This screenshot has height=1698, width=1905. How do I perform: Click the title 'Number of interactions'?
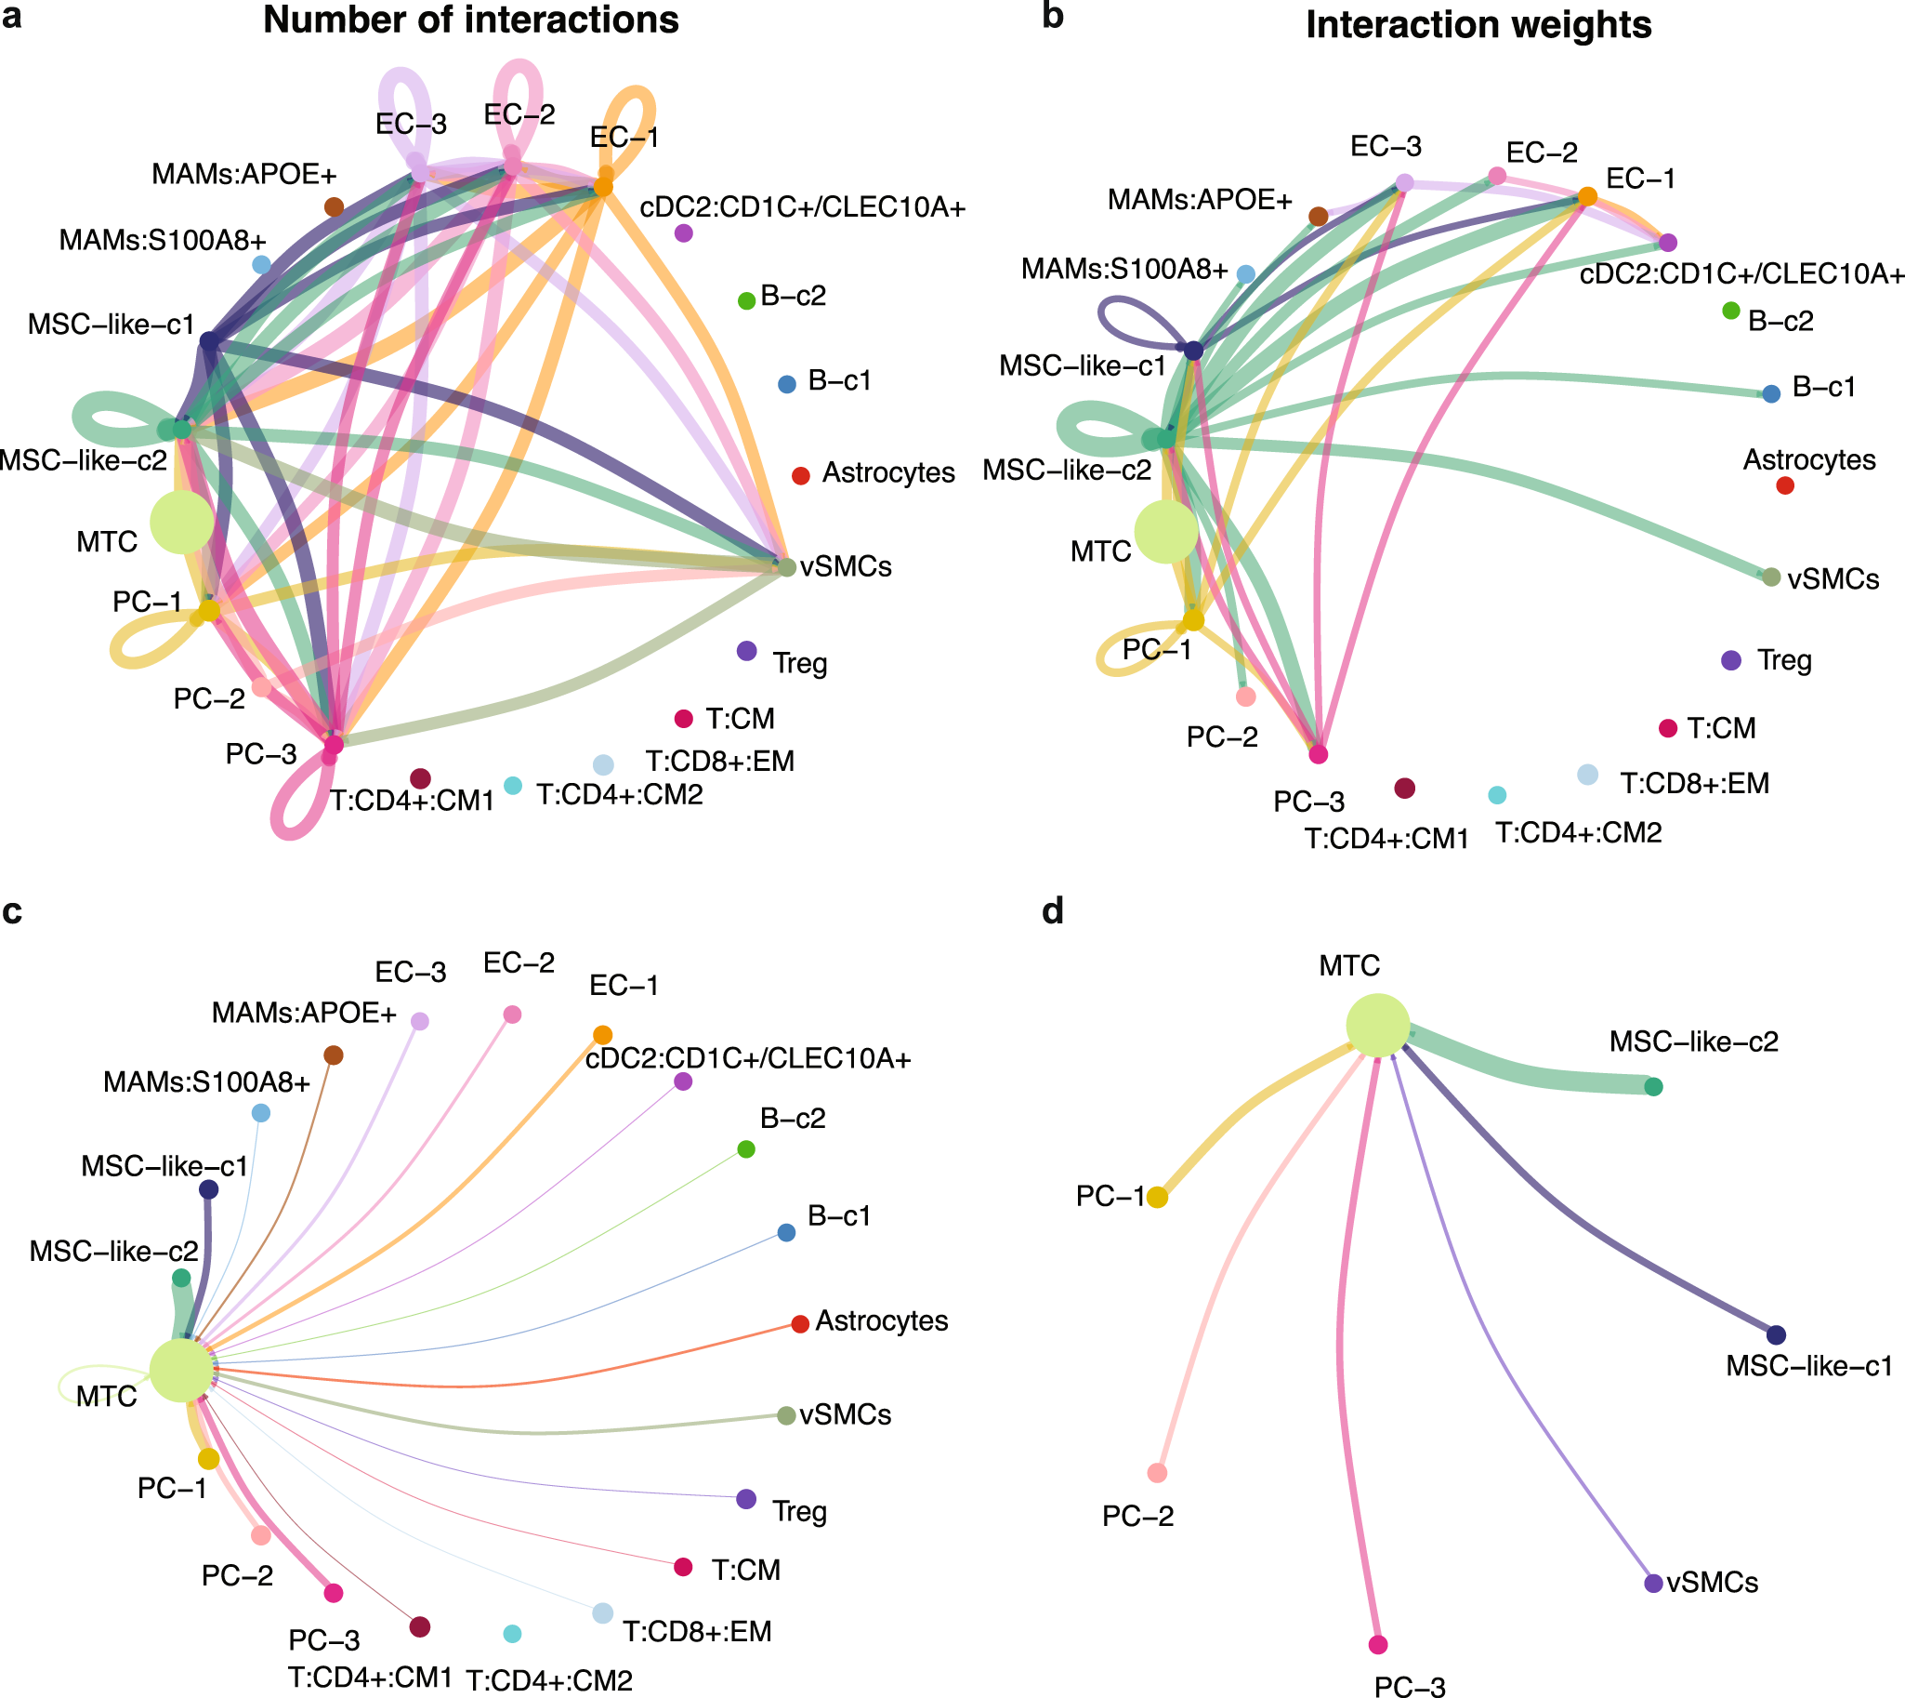coord(471,20)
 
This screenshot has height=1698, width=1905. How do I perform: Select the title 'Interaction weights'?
coord(1478,25)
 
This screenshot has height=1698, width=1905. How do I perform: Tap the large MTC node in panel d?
coord(1377,1027)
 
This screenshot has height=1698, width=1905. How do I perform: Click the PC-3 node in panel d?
coord(1377,1644)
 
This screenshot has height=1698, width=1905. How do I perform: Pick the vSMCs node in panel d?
coord(1653,1583)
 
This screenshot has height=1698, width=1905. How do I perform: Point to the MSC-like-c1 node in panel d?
coord(1776,1334)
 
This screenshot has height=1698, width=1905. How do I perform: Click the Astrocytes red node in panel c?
coord(799,1324)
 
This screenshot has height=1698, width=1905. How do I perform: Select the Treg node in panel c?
coord(746,1499)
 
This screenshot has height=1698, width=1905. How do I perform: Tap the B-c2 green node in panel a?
coord(746,300)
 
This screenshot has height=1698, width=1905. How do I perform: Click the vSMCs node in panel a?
coord(786,566)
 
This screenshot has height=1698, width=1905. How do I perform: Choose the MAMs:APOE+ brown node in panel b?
coord(1318,217)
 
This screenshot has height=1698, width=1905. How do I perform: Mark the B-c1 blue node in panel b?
coord(1771,393)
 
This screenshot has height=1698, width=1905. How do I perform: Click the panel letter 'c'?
coord(12,911)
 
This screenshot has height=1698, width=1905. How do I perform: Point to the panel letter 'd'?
coord(1053,911)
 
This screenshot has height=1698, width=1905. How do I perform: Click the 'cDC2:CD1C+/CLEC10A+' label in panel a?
coord(802,207)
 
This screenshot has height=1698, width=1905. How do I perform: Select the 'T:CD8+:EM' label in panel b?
coord(1694,784)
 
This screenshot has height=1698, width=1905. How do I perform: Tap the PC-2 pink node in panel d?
coord(1157,1473)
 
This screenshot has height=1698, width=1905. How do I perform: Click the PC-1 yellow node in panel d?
coord(1157,1197)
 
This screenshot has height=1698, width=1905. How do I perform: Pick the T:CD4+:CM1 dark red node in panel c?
coord(420,1627)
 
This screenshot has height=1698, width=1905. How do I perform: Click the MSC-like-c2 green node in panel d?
coord(1653,1086)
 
